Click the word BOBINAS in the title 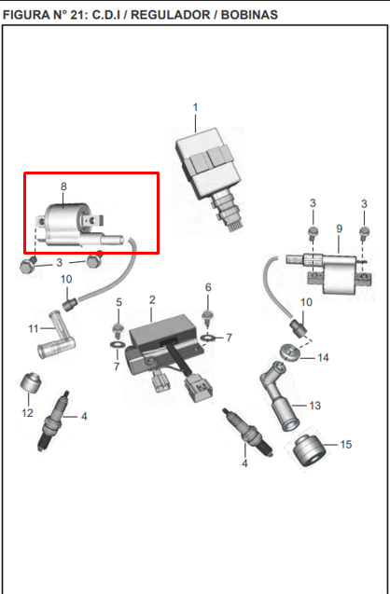click(x=249, y=15)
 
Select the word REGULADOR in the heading click(x=171, y=15)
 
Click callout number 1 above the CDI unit click(x=195, y=107)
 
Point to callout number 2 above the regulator click(x=152, y=300)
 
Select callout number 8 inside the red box click(x=63, y=186)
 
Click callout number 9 click(x=340, y=228)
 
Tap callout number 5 click(x=119, y=302)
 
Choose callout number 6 click(x=208, y=287)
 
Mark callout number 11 click(x=34, y=328)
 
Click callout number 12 click(x=27, y=412)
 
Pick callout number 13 click(x=315, y=406)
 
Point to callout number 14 click(x=323, y=358)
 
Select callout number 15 click(x=345, y=445)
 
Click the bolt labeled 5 click(x=118, y=329)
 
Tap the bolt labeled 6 click(x=208, y=317)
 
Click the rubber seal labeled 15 click(x=310, y=451)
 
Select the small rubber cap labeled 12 click(x=31, y=383)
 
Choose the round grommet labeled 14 click(x=291, y=352)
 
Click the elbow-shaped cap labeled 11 click(x=56, y=336)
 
